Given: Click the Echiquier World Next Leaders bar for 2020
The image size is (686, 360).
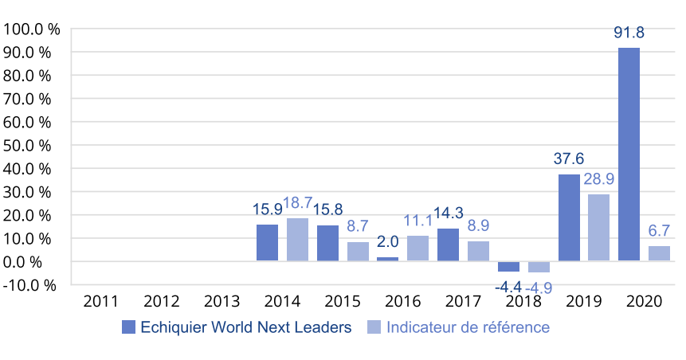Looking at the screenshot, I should (629, 155).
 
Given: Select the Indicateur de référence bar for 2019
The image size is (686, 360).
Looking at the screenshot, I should (598, 228).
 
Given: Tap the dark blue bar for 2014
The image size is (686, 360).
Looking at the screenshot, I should (268, 243).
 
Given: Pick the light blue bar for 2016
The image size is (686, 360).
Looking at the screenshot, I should (417, 248).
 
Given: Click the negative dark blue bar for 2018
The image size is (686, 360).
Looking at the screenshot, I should (508, 267).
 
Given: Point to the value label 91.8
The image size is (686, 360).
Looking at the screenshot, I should (629, 33).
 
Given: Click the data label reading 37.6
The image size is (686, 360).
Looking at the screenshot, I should (569, 159).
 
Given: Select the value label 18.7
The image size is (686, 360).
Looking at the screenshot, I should (298, 203).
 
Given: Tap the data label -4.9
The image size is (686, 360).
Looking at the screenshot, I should (539, 288).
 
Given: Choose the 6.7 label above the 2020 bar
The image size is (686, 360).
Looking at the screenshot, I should (659, 231).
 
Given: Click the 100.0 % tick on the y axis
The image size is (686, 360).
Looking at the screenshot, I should (33, 29).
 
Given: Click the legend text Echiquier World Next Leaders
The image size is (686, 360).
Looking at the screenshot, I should (245, 327).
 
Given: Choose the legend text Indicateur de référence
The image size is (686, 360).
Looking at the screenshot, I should (468, 327).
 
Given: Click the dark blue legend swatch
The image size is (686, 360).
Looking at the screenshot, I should (128, 327).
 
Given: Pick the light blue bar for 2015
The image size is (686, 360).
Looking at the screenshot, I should (358, 252).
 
